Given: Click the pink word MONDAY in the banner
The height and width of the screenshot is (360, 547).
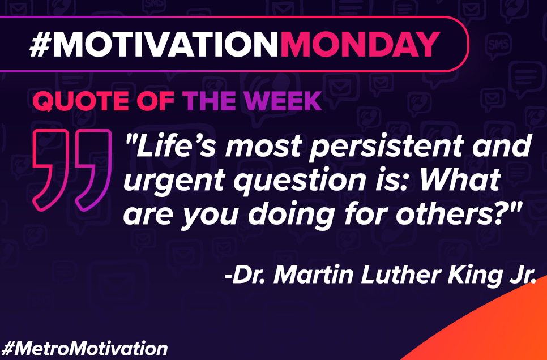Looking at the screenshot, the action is pos(360,44).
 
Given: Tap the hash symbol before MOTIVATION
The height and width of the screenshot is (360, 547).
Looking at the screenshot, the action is pos(40,44).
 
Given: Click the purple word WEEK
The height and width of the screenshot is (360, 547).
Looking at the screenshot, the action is pos(283,101).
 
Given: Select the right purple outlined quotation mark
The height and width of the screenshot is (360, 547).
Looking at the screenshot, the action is pos(93,170).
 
